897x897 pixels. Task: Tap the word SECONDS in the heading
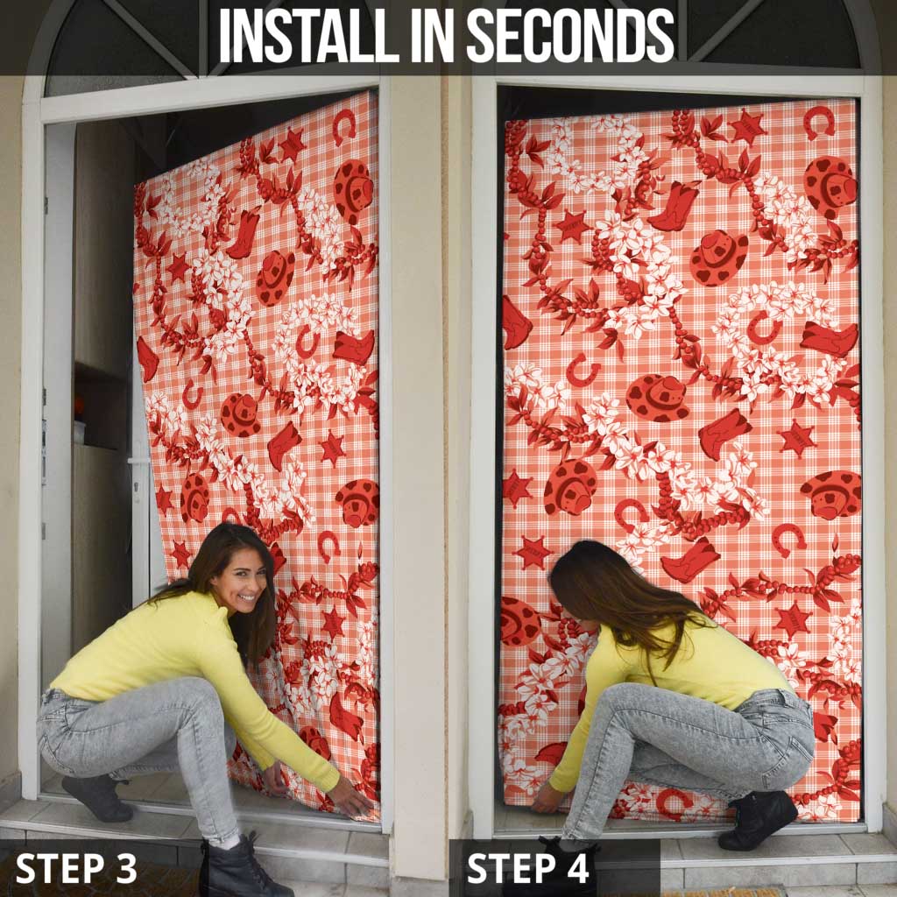[x=570, y=35]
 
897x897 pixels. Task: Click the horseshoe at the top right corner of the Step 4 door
[x=819, y=122]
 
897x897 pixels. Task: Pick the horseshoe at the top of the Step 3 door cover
[x=343, y=126]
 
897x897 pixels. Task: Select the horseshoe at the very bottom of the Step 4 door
[x=672, y=803]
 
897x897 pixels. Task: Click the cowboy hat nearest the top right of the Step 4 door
[x=830, y=187]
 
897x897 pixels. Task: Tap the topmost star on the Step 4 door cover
[x=747, y=127]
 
